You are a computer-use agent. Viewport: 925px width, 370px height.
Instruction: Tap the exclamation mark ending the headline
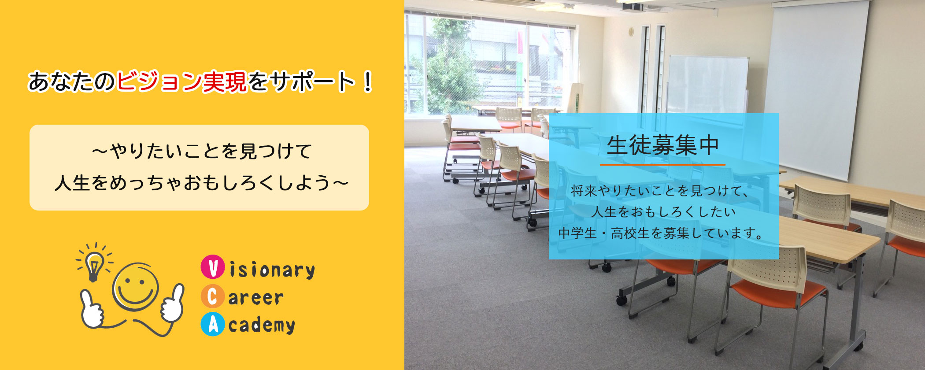click(x=368, y=82)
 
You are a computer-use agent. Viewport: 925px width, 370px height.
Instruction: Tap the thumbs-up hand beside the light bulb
click(x=91, y=310)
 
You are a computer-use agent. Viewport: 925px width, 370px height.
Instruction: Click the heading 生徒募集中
click(x=663, y=146)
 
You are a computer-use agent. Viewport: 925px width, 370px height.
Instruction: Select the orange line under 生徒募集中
click(x=662, y=165)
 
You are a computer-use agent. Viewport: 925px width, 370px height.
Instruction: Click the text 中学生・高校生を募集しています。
click(x=662, y=233)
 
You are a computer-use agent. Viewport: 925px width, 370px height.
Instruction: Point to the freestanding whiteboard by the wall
click(x=708, y=86)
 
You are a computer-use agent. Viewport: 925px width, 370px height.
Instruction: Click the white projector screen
click(x=817, y=88)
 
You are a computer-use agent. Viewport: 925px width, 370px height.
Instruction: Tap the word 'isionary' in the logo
click(x=272, y=270)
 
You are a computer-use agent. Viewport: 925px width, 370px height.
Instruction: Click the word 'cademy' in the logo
click(x=262, y=325)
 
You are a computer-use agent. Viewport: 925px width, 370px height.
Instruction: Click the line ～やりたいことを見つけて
click(x=202, y=152)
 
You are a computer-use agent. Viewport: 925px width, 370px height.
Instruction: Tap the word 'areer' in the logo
click(x=256, y=298)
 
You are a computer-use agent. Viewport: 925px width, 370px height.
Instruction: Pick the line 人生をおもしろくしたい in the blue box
click(x=663, y=212)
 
